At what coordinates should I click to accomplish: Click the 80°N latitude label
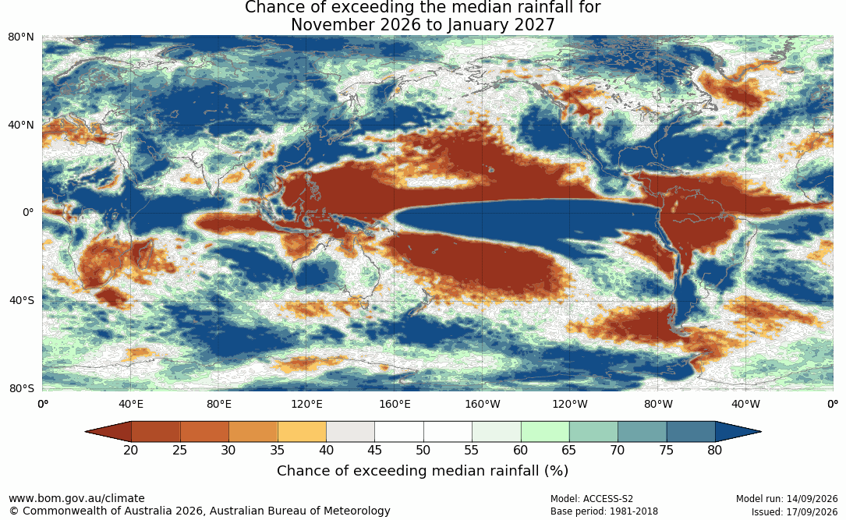pos(21,37)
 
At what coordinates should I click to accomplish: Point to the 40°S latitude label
pos(22,300)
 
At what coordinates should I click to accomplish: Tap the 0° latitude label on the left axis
pos(28,213)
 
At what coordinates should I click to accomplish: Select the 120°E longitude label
pos(306,404)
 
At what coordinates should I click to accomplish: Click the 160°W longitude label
pos(483,404)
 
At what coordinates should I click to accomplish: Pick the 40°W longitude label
pos(745,404)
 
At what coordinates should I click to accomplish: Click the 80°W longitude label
pos(658,404)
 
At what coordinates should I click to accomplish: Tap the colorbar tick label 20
pos(130,450)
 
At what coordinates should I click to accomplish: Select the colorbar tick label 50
pos(423,450)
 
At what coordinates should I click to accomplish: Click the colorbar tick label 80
pos(715,450)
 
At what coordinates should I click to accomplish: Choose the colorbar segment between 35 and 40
pos(302,432)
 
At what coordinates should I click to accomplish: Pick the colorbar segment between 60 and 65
pos(545,432)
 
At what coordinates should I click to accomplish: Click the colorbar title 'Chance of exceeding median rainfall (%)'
pos(423,471)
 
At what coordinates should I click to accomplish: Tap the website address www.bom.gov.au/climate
pos(76,498)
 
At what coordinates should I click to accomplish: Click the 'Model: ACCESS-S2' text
pos(592,499)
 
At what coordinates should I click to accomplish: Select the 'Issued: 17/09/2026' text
pos(795,511)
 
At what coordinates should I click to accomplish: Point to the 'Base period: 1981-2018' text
pos(604,511)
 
